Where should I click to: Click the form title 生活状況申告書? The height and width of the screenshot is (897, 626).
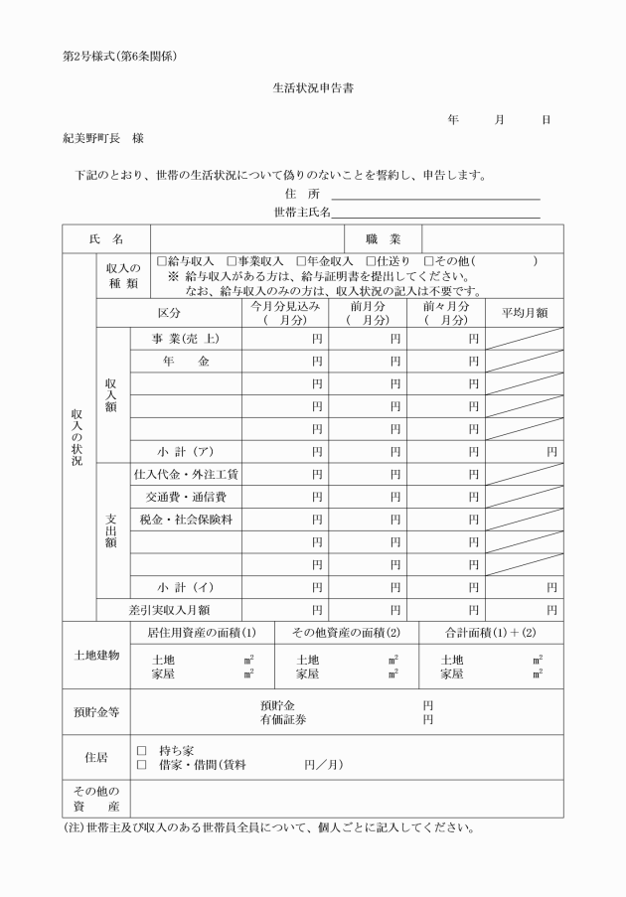(313, 87)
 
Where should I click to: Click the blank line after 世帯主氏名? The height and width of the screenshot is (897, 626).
(436, 216)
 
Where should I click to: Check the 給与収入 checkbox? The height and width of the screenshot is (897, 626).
(162, 261)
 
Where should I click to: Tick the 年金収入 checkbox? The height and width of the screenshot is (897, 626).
(300, 261)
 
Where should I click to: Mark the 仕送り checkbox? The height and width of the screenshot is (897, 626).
(371, 261)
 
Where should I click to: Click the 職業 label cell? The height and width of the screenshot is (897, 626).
(383, 238)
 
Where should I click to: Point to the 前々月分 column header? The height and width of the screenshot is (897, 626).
(445, 312)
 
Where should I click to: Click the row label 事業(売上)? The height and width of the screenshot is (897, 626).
(186, 339)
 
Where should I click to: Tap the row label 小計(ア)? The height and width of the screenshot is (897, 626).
(186, 450)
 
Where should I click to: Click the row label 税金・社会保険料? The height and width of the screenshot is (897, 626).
(186, 519)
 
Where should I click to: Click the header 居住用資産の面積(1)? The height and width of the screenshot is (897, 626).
(195, 633)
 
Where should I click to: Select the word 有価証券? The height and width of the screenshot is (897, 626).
(284, 719)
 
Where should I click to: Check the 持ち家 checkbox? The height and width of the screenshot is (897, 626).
(141, 751)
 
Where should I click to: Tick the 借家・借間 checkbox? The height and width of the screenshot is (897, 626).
(141, 765)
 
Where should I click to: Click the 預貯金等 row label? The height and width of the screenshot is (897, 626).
(96, 712)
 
